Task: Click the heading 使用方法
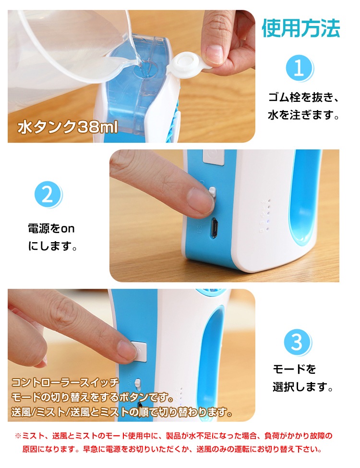300,28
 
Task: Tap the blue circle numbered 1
299,68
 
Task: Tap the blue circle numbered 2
48,195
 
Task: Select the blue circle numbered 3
297,343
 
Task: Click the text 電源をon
51,229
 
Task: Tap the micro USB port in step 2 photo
214,228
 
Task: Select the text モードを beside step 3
294,369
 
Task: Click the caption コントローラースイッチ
65,382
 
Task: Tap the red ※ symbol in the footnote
18,436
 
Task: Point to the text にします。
53,246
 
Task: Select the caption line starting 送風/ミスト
122,412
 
